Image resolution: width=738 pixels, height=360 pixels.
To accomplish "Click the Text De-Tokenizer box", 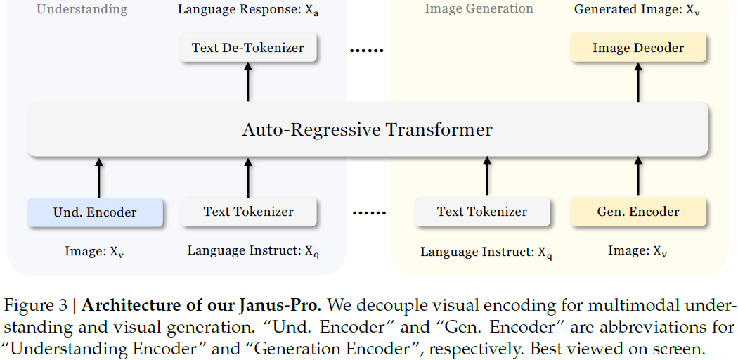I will (247, 49).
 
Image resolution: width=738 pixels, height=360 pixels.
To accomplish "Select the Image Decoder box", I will (638, 49).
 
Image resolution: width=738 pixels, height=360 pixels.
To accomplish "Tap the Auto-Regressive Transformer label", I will (367, 130).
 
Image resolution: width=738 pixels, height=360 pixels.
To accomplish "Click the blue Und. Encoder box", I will (95, 212).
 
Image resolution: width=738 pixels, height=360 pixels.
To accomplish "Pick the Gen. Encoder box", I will (638, 212).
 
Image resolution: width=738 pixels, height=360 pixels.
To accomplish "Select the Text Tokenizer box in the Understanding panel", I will (248, 212).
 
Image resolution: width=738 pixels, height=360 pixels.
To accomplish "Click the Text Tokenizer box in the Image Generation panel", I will (481, 212).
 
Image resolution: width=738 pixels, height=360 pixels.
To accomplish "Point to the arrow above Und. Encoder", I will (99, 177).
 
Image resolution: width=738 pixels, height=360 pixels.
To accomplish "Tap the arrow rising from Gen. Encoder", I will (638, 176).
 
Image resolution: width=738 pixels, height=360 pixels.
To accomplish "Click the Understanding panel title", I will (82, 9).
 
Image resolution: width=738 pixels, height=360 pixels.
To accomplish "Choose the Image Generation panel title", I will (479, 9).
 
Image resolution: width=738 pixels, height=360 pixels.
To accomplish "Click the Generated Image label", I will (636, 10).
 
